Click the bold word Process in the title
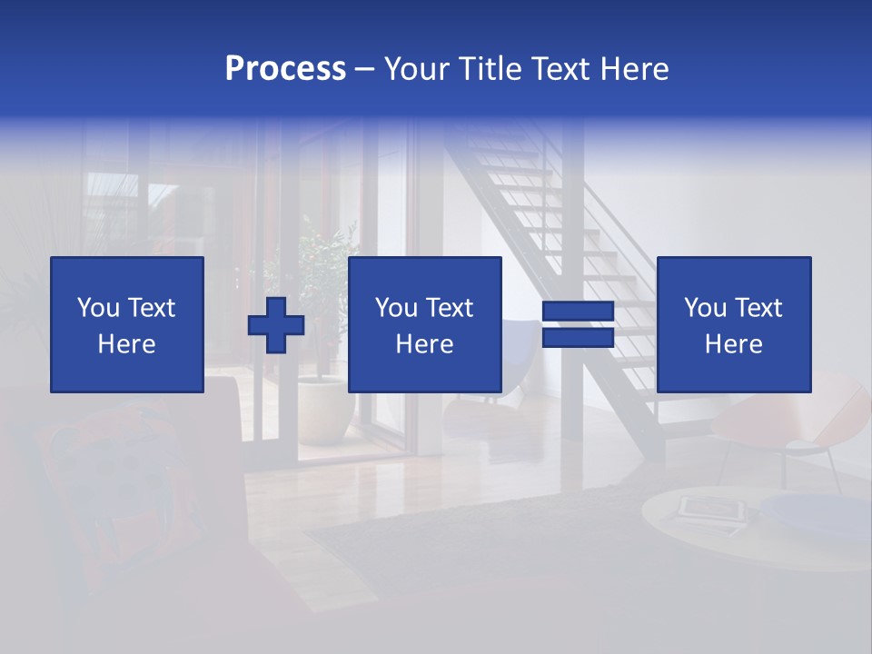285,68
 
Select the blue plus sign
276,325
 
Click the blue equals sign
578,325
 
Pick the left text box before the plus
127,324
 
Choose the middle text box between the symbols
425,324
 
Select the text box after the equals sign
734,324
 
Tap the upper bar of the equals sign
578,312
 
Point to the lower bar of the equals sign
578,338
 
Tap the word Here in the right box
734,344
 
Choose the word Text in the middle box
449,308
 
